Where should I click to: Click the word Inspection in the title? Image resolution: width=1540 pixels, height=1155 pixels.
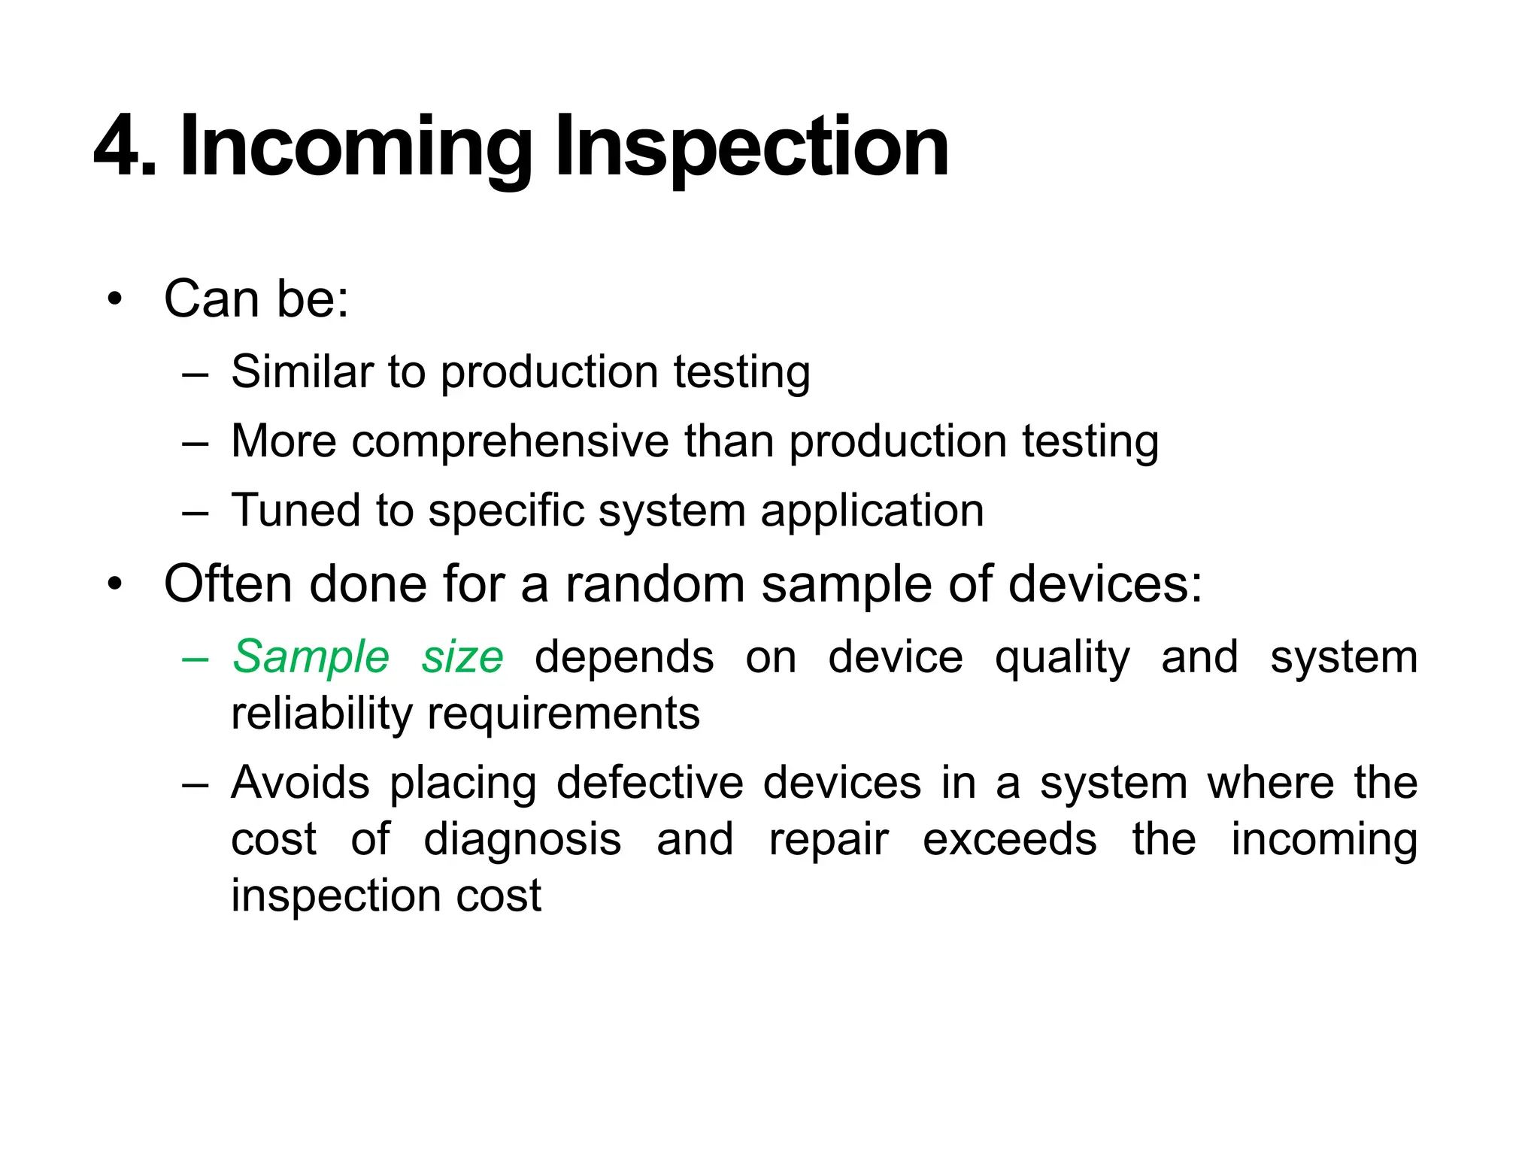pyautogui.click(x=751, y=147)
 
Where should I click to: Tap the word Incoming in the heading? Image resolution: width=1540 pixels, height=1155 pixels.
pyautogui.click(x=356, y=147)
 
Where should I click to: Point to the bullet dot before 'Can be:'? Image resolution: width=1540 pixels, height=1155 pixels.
pyautogui.click(x=114, y=300)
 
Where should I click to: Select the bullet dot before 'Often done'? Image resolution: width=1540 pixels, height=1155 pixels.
pyautogui.click(x=114, y=584)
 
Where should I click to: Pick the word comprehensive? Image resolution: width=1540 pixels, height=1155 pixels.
pyautogui.click(x=510, y=441)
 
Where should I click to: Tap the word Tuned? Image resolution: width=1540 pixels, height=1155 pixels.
pyautogui.click(x=296, y=510)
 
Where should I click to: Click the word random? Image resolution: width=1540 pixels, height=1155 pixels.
pyautogui.click(x=655, y=584)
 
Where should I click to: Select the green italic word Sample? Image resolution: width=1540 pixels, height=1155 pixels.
pyautogui.click(x=311, y=656)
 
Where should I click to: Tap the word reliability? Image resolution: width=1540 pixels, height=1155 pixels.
pyautogui.click(x=322, y=714)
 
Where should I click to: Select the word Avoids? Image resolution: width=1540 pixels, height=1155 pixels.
pyautogui.click(x=300, y=783)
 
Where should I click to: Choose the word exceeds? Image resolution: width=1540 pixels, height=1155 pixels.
pyautogui.click(x=1009, y=839)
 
